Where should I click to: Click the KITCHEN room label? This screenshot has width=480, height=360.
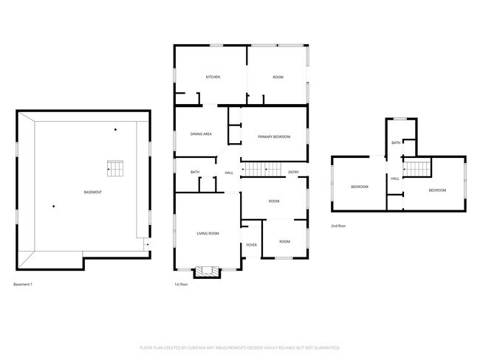[213, 77]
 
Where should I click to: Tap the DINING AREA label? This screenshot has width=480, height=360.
[202, 134]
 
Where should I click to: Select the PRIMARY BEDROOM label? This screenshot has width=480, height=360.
[273, 137]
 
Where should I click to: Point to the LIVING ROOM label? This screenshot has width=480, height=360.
[208, 234]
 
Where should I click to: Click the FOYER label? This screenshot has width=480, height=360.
[251, 245]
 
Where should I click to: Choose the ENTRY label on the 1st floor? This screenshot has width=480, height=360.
[294, 173]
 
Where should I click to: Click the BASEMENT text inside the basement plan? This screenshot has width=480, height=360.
[92, 193]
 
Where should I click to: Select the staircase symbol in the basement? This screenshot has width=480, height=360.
[114, 168]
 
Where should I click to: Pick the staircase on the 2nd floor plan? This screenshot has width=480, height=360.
[417, 169]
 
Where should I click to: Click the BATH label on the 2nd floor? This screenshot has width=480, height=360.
[396, 143]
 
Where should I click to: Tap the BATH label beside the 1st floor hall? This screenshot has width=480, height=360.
[195, 173]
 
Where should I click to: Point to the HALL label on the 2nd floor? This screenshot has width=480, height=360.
[395, 179]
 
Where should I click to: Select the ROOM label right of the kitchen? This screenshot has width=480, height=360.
[278, 77]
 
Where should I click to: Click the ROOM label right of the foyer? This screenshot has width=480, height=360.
[284, 242]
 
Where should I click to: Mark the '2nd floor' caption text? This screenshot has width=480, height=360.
[339, 226]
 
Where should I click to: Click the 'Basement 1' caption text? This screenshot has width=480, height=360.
[24, 285]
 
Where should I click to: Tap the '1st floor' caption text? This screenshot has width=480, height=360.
[181, 285]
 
